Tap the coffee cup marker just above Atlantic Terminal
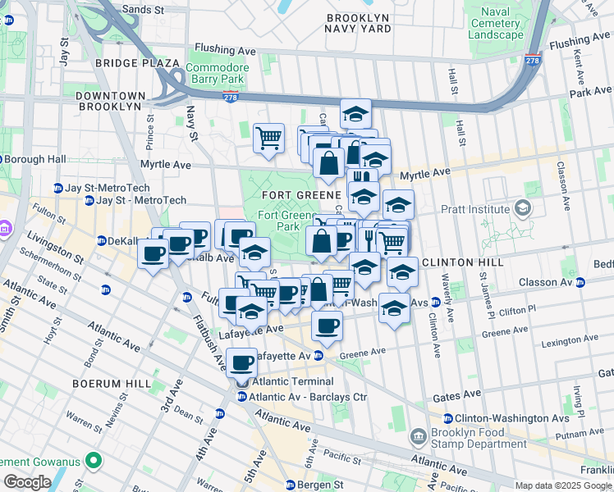[242, 362]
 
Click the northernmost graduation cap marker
[356, 113]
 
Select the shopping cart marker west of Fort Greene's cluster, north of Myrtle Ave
[268, 138]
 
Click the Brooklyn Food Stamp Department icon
[419, 435]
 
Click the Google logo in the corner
[27, 482]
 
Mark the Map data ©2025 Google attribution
[563, 485]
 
